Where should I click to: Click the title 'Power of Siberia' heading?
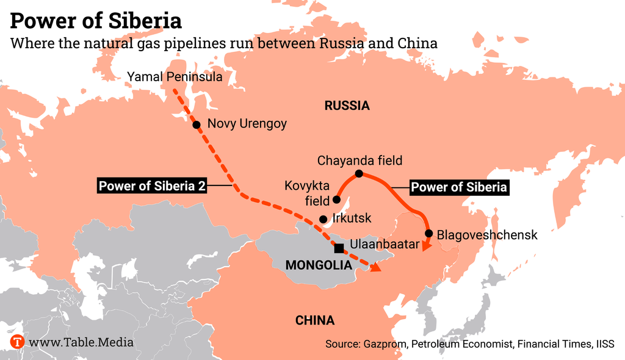(x=96, y=21)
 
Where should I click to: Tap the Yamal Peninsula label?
(x=174, y=77)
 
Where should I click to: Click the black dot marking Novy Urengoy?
(x=197, y=124)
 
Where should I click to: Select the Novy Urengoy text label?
(x=247, y=124)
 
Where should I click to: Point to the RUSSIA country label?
(x=347, y=106)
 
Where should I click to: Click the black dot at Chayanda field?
(x=359, y=174)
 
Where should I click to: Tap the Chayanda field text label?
(x=359, y=160)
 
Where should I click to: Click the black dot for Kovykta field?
(x=336, y=200)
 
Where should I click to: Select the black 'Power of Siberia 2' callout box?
(x=151, y=186)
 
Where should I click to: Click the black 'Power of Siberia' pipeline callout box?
(x=459, y=187)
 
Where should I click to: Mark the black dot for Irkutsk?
(x=323, y=219)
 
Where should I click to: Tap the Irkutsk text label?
(x=353, y=218)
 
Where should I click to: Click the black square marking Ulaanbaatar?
(x=339, y=248)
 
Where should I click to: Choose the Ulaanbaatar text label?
(x=385, y=245)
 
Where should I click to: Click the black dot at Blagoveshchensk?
(x=429, y=234)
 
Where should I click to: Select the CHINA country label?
(x=314, y=320)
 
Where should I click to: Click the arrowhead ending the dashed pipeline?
(x=375, y=267)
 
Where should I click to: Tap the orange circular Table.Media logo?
(x=17, y=342)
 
